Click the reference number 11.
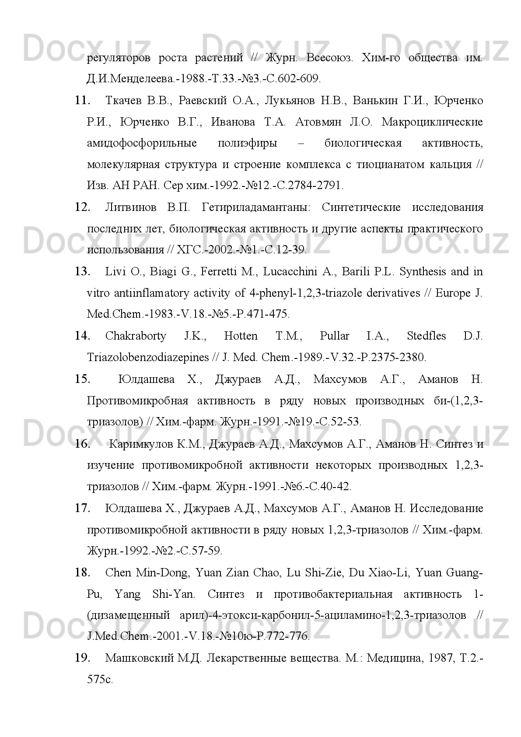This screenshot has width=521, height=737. [82, 101]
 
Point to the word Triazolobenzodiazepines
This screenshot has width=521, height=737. [148, 358]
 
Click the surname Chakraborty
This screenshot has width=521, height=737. [136, 336]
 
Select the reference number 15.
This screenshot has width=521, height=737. [82, 379]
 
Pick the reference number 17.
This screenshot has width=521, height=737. [82, 508]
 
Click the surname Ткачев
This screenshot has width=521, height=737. [123, 101]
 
